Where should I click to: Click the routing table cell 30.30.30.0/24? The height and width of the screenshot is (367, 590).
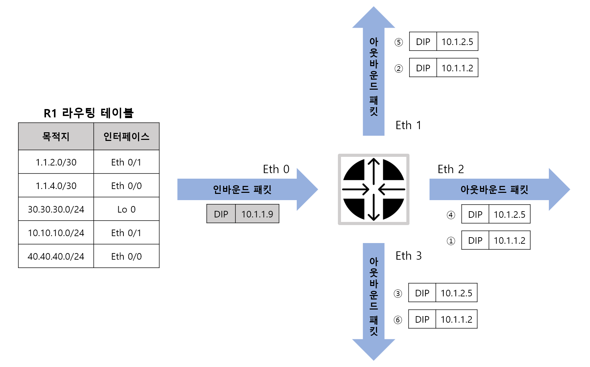click(56, 209)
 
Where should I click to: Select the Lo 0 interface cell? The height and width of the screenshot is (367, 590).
click(126, 209)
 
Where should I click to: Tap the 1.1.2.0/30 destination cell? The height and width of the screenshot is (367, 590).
click(56, 162)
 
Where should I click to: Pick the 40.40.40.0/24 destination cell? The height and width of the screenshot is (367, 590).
click(56, 256)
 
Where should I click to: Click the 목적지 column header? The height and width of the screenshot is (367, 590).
click(56, 136)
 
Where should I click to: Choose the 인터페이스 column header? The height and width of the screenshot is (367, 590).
click(126, 136)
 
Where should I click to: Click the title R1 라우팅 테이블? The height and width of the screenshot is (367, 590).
click(89, 113)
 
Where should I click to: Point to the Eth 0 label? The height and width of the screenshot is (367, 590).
click(276, 169)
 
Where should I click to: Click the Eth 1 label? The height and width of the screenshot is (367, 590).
click(408, 125)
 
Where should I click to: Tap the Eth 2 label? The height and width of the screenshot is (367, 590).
click(451, 169)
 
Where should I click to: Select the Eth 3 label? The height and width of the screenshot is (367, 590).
click(408, 256)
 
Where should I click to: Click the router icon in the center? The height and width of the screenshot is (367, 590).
click(374, 189)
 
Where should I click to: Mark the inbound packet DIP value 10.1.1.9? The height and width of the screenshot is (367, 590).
click(257, 214)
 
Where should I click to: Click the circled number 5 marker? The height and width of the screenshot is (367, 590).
click(399, 42)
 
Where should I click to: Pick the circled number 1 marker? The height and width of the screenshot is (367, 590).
click(451, 241)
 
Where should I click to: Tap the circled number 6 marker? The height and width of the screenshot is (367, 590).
click(398, 320)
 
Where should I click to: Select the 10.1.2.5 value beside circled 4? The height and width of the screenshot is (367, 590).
click(509, 214)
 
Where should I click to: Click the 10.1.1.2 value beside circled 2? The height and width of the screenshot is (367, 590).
click(457, 68)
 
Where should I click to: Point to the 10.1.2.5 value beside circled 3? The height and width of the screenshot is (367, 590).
click(456, 293)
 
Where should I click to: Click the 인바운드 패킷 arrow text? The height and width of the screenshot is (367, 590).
click(242, 189)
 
